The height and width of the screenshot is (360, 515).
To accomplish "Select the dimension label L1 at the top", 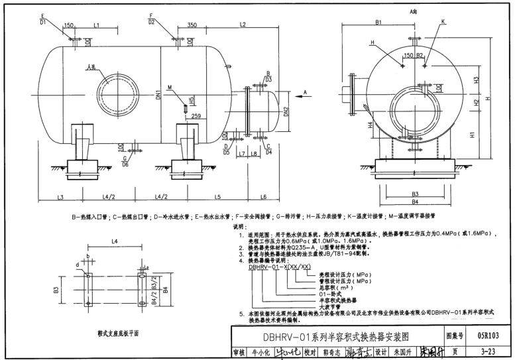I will (96, 25).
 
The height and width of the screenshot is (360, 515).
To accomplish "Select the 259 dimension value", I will (195, 116).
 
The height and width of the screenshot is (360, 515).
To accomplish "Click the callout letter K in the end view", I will (443, 21).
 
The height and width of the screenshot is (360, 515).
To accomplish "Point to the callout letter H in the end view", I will (372, 42).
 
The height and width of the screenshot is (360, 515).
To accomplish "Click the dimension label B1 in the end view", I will (378, 23).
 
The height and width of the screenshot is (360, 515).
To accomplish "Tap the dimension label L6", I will (262, 198).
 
